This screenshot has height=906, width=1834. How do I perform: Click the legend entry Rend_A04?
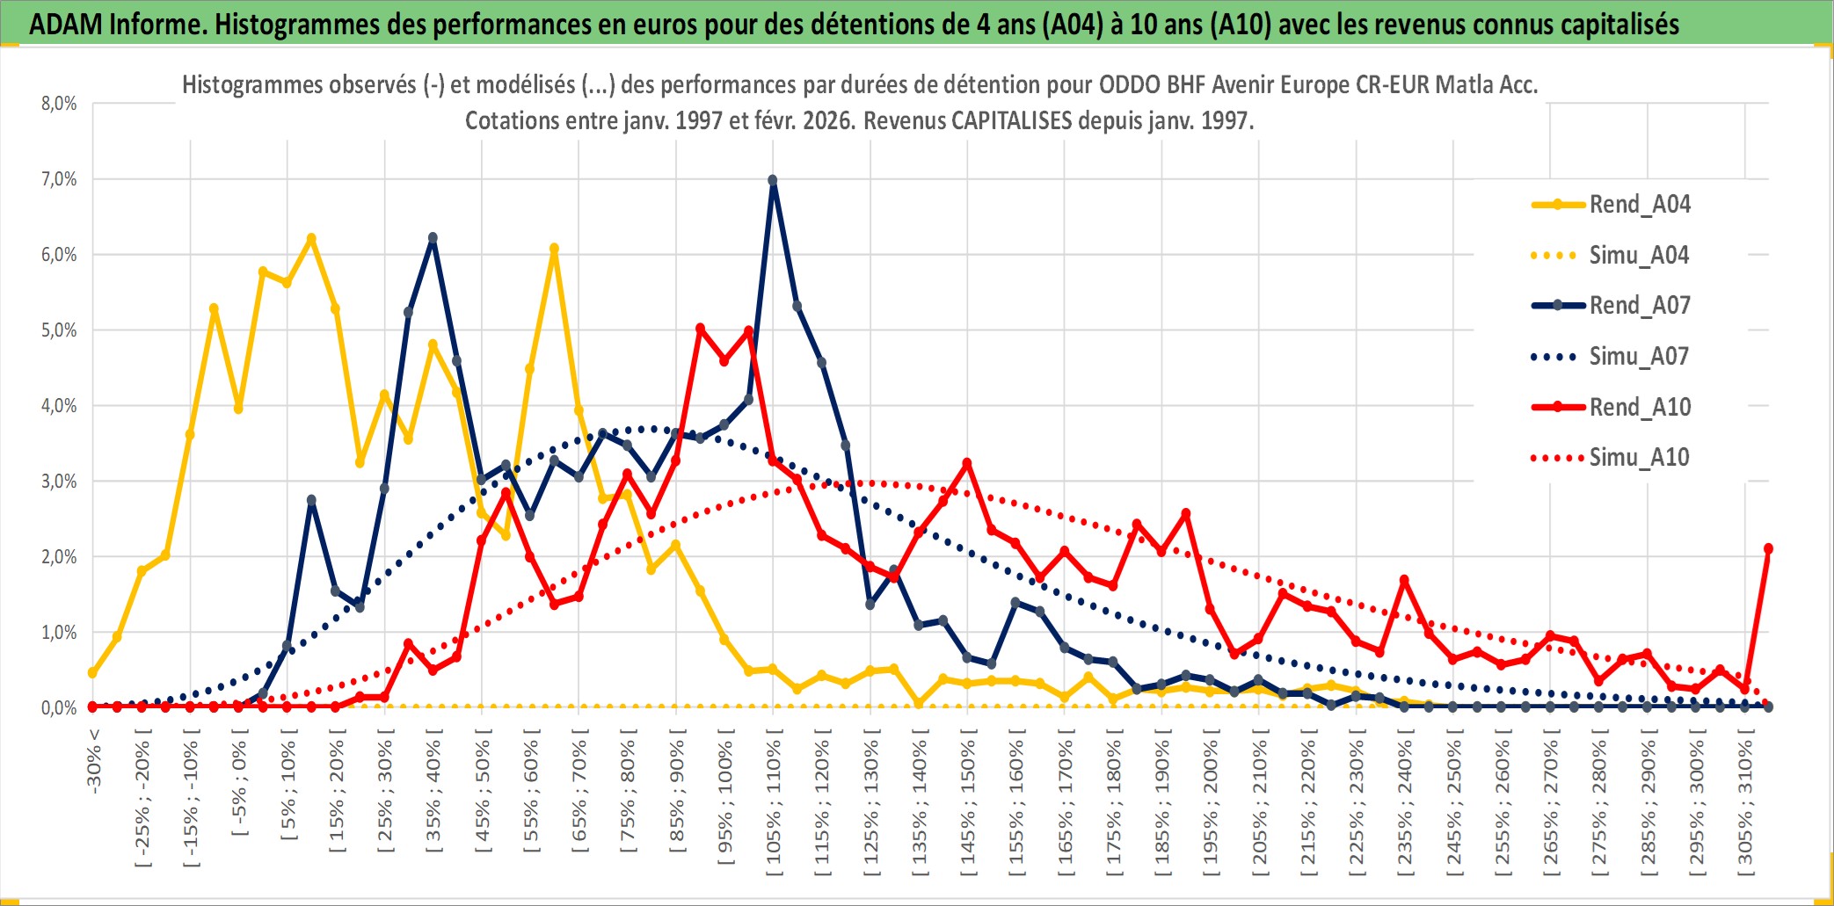[1639, 205]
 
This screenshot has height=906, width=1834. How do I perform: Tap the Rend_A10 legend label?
[1639, 408]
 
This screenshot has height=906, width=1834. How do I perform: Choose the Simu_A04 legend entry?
[1639, 256]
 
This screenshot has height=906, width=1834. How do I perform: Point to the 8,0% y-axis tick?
[59, 104]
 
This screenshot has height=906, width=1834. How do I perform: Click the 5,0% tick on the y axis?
[59, 330]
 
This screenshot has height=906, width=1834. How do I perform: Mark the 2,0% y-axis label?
[59, 557]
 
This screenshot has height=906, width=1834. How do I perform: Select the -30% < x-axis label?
[94, 761]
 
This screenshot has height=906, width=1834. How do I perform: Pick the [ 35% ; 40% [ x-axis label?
[433, 796]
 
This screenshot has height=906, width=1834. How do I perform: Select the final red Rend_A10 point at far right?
[1768, 548]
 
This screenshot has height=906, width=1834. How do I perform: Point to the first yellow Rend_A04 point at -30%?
[93, 672]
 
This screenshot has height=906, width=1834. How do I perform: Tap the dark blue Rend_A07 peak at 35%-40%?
[433, 238]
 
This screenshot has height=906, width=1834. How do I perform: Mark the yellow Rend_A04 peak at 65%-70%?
[554, 249]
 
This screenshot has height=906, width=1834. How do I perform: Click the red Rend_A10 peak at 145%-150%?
[967, 463]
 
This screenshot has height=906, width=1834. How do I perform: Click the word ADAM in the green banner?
[66, 25]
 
